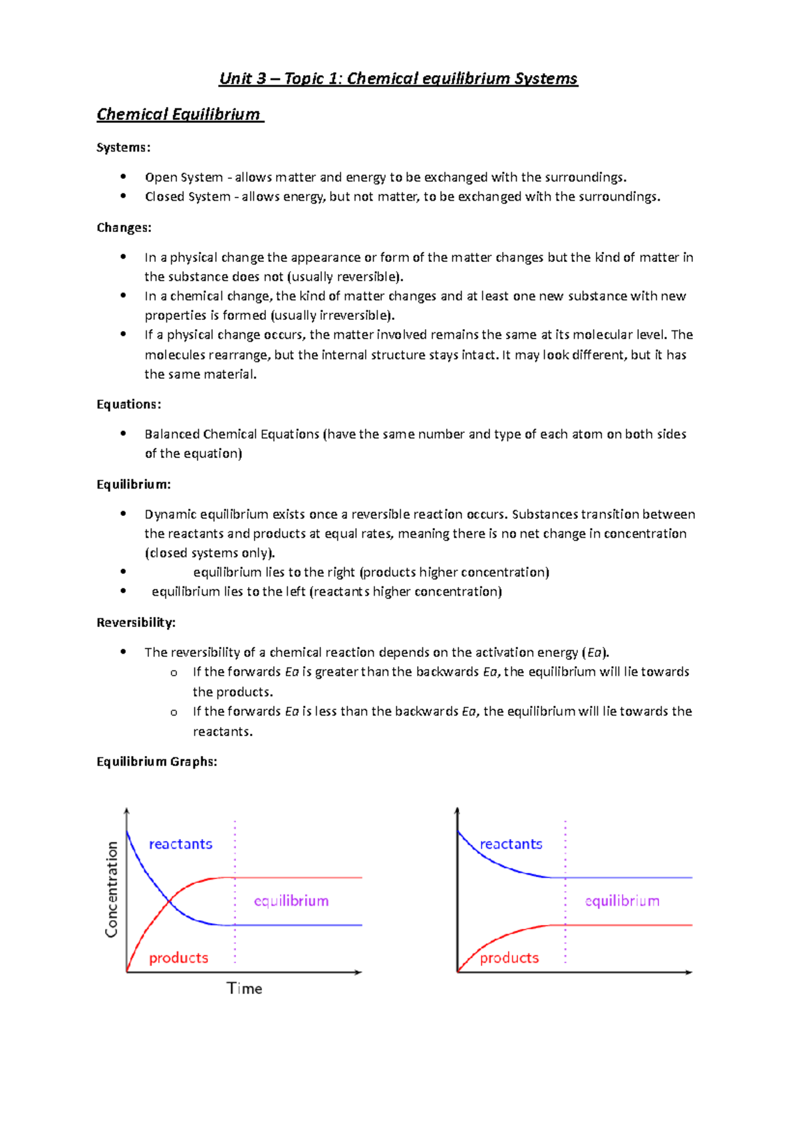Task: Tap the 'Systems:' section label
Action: pos(123,148)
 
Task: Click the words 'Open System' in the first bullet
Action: pos(184,178)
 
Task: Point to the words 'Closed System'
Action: pos(188,197)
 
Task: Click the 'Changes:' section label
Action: pos(124,228)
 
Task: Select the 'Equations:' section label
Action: pos(128,404)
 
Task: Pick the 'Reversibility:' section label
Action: pos(136,623)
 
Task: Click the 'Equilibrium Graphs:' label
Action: pos(156,762)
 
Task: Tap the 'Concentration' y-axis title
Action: pos(112,890)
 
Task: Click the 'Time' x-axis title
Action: pos(244,989)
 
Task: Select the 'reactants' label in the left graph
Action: pos(180,844)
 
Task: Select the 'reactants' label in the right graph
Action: pos(511,844)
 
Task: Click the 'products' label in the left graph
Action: pos(178,958)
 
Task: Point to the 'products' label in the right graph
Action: pos(509,958)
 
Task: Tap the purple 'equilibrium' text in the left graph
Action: pos(291,901)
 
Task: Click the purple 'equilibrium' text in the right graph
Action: pos(622,901)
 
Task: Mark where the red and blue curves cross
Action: pos(170,901)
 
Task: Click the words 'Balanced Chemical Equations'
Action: pos(231,434)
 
